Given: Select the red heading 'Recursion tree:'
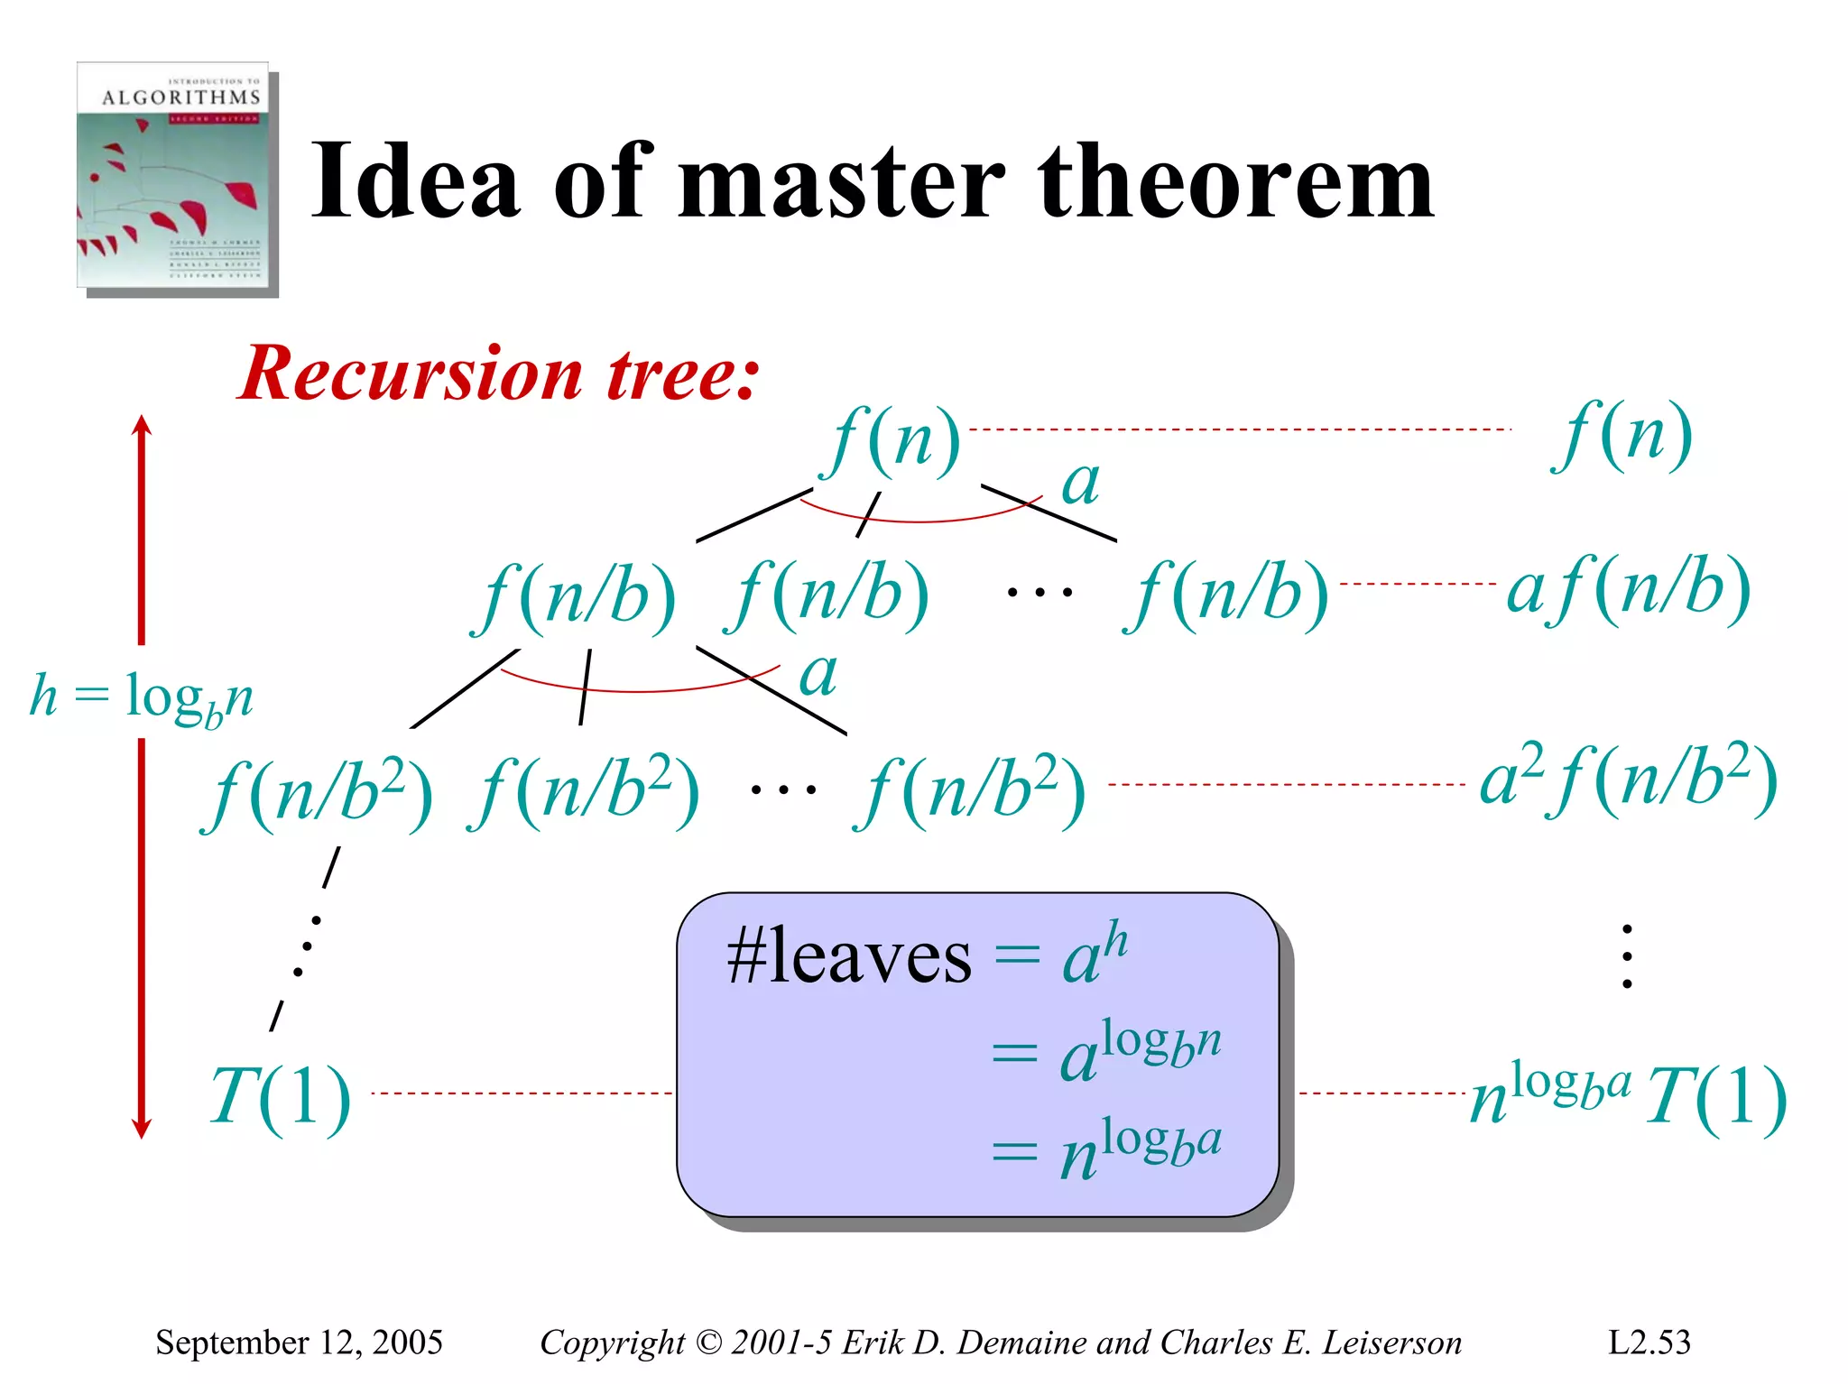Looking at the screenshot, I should tap(499, 374).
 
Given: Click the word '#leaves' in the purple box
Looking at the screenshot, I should tap(849, 956).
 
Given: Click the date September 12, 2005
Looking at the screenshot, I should tap(299, 1342).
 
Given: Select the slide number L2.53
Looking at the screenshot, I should tap(1649, 1342).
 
